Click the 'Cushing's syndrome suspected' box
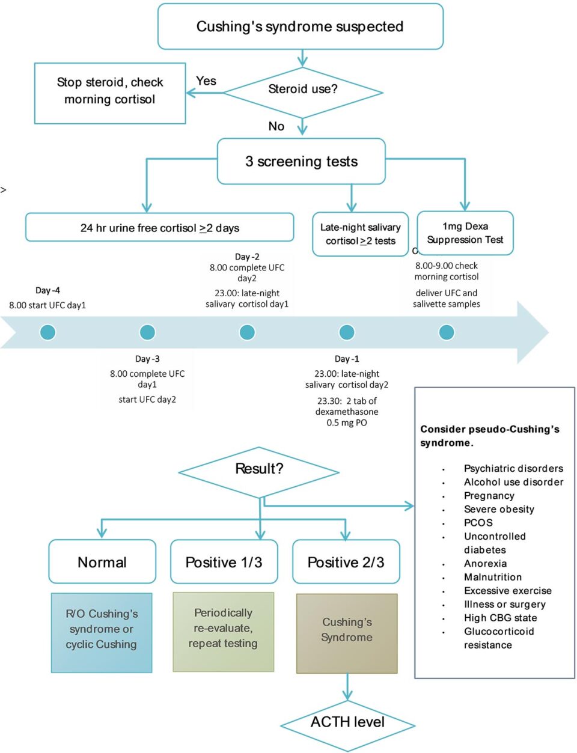(x=300, y=26)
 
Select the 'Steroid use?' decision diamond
(x=302, y=90)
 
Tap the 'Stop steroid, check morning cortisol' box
(x=110, y=91)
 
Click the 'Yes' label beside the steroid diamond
(x=206, y=81)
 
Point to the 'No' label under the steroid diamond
(x=276, y=126)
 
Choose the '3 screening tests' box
(x=301, y=161)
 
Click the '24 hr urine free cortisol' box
(x=159, y=228)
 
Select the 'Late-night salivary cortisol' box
(x=360, y=234)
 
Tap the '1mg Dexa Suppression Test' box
(x=465, y=233)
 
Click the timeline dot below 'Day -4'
(x=47, y=332)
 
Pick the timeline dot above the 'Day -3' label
(x=147, y=332)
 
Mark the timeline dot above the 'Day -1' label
(x=347, y=332)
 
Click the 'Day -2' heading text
(x=247, y=257)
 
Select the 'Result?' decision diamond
(x=259, y=469)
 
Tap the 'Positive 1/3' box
(x=224, y=562)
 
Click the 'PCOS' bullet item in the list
(x=478, y=523)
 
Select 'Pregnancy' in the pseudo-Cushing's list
(x=489, y=496)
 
